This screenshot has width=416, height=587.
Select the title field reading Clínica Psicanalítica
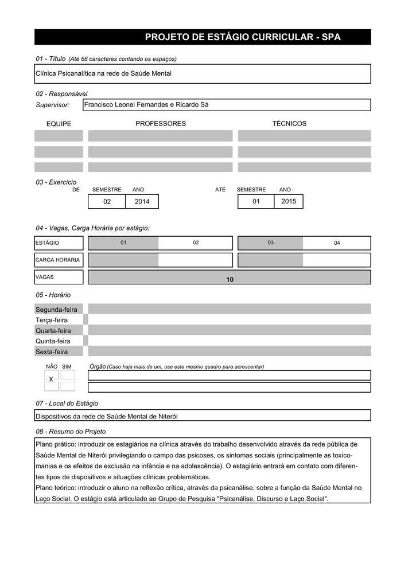[x=203, y=73]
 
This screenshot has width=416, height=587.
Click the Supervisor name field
[x=227, y=104]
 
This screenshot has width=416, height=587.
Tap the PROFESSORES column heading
[x=161, y=124]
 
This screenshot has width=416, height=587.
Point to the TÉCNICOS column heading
[x=289, y=124]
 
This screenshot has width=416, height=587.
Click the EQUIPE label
[x=59, y=124]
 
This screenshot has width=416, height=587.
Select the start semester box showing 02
[x=107, y=201]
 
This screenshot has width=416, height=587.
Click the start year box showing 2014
[x=142, y=201]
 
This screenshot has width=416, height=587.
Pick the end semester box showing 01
[x=256, y=201]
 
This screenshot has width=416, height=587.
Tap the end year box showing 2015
[x=289, y=201]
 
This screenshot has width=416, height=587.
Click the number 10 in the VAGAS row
[x=230, y=279]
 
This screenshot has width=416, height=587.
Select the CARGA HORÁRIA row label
[x=58, y=260]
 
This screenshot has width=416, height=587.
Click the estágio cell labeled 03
[x=270, y=243]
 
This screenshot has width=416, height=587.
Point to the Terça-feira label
[x=52, y=320]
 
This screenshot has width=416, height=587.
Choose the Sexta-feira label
[x=52, y=351]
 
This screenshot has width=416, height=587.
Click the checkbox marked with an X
[x=51, y=379]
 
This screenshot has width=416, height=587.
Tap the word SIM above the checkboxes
[x=67, y=366]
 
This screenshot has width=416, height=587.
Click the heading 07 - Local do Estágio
[x=67, y=404]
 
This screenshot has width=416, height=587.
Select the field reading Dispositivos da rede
[x=203, y=416]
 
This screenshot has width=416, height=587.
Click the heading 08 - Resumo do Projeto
[x=71, y=431]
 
